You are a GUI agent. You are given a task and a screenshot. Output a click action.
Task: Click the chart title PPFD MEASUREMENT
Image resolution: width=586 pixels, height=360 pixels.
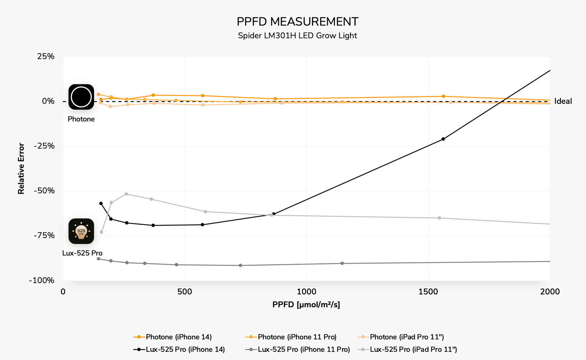(297, 22)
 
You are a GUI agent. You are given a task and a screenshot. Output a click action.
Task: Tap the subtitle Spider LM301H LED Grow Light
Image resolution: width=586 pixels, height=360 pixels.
(297, 36)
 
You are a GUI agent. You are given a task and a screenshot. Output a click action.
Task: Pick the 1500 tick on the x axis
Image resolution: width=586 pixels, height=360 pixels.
(428, 292)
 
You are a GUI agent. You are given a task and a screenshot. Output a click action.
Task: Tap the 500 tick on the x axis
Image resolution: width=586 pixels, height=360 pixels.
(185, 292)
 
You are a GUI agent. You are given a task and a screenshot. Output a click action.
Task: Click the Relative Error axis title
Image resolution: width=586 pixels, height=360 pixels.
(21, 168)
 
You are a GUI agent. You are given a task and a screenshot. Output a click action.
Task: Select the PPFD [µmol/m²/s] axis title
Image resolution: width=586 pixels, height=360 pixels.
(306, 305)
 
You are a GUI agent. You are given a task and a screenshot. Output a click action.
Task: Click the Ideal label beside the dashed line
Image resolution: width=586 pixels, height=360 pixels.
(563, 101)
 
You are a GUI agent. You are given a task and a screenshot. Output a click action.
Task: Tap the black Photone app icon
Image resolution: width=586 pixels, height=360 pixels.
(81, 97)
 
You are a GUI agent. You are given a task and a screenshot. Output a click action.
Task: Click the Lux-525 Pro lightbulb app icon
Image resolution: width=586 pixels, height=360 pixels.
(81, 231)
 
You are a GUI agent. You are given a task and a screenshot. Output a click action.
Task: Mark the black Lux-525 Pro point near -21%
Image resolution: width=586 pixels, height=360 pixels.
(443, 139)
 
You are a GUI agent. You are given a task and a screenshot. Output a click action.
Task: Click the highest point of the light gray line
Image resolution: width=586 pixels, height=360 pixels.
(126, 194)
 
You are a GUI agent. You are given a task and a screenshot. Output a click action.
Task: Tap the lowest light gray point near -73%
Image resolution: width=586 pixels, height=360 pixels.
(101, 232)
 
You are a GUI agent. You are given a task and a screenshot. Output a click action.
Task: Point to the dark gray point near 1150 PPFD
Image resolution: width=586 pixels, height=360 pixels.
(342, 263)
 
